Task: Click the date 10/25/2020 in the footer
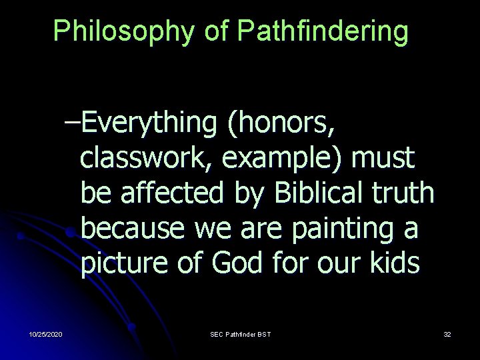(46, 333)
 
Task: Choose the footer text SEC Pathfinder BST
(239, 333)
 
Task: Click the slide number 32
(447, 333)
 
